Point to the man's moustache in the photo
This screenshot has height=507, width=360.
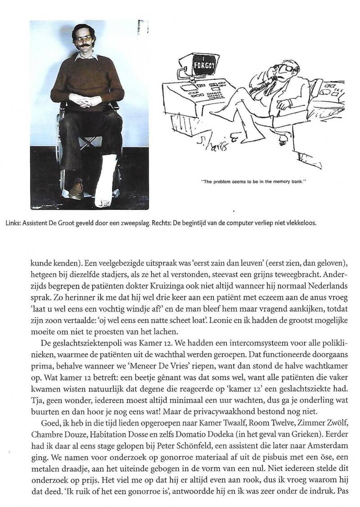84,45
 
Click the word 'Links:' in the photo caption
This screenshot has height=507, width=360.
38,222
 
